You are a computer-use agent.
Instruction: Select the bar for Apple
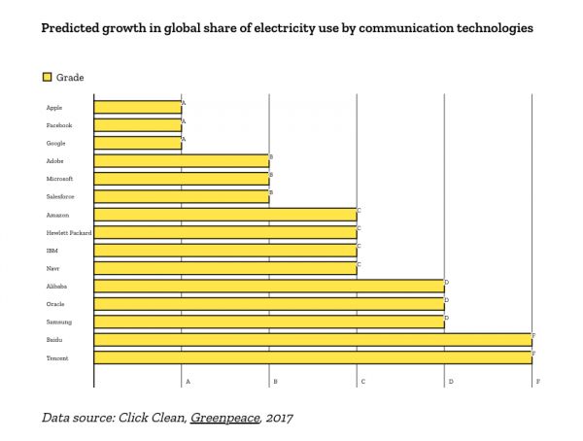[x=138, y=107]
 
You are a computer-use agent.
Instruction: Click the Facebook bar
[x=138, y=125]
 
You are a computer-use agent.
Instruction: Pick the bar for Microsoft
[x=182, y=179]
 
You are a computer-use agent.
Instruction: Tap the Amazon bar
[x=225, y=215]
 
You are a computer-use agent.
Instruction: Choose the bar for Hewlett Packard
[x=225, y=233]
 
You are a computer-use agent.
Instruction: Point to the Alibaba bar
[x=269, y=287]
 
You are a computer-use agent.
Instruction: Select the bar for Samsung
[x=269, y=322]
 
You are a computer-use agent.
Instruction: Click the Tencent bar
[x=313, y=357]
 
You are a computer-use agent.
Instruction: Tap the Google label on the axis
[x=55, y=143]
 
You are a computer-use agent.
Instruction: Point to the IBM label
[x=51, y=251]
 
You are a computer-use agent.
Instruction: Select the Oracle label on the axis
[x=55, y=304]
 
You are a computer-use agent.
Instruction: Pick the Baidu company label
[x=54, y=340]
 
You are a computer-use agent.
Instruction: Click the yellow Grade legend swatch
[x=47, y=76]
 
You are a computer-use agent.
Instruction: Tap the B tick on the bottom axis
[x=275, y=382]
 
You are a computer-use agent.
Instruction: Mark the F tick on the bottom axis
[x=537, y=382]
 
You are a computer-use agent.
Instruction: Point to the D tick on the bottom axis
[x=450, y=382]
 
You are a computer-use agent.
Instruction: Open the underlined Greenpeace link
[x=223, y=418]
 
